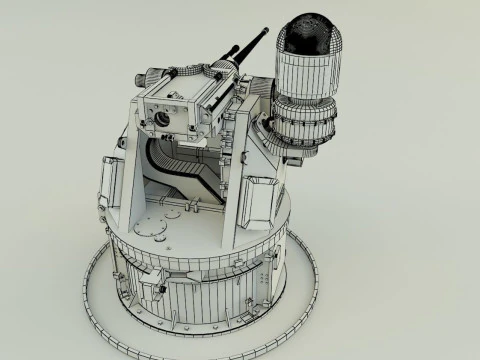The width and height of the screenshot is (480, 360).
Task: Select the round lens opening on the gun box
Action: point(161,118)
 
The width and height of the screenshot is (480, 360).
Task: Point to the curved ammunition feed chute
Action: point(180,164)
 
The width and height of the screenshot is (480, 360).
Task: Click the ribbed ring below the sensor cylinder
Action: point(305,126)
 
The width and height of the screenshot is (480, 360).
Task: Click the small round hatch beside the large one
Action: point(190,211)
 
